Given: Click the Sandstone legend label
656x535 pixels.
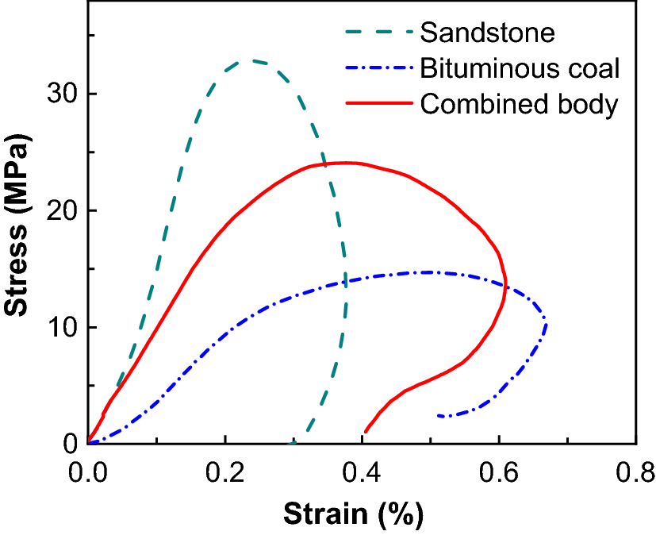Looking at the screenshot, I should point(487,33).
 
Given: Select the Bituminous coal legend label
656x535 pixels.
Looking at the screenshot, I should point(520,68).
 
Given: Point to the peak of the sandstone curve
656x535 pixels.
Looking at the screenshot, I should point(252,60).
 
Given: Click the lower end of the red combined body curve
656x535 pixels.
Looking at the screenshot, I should point(365,431).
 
